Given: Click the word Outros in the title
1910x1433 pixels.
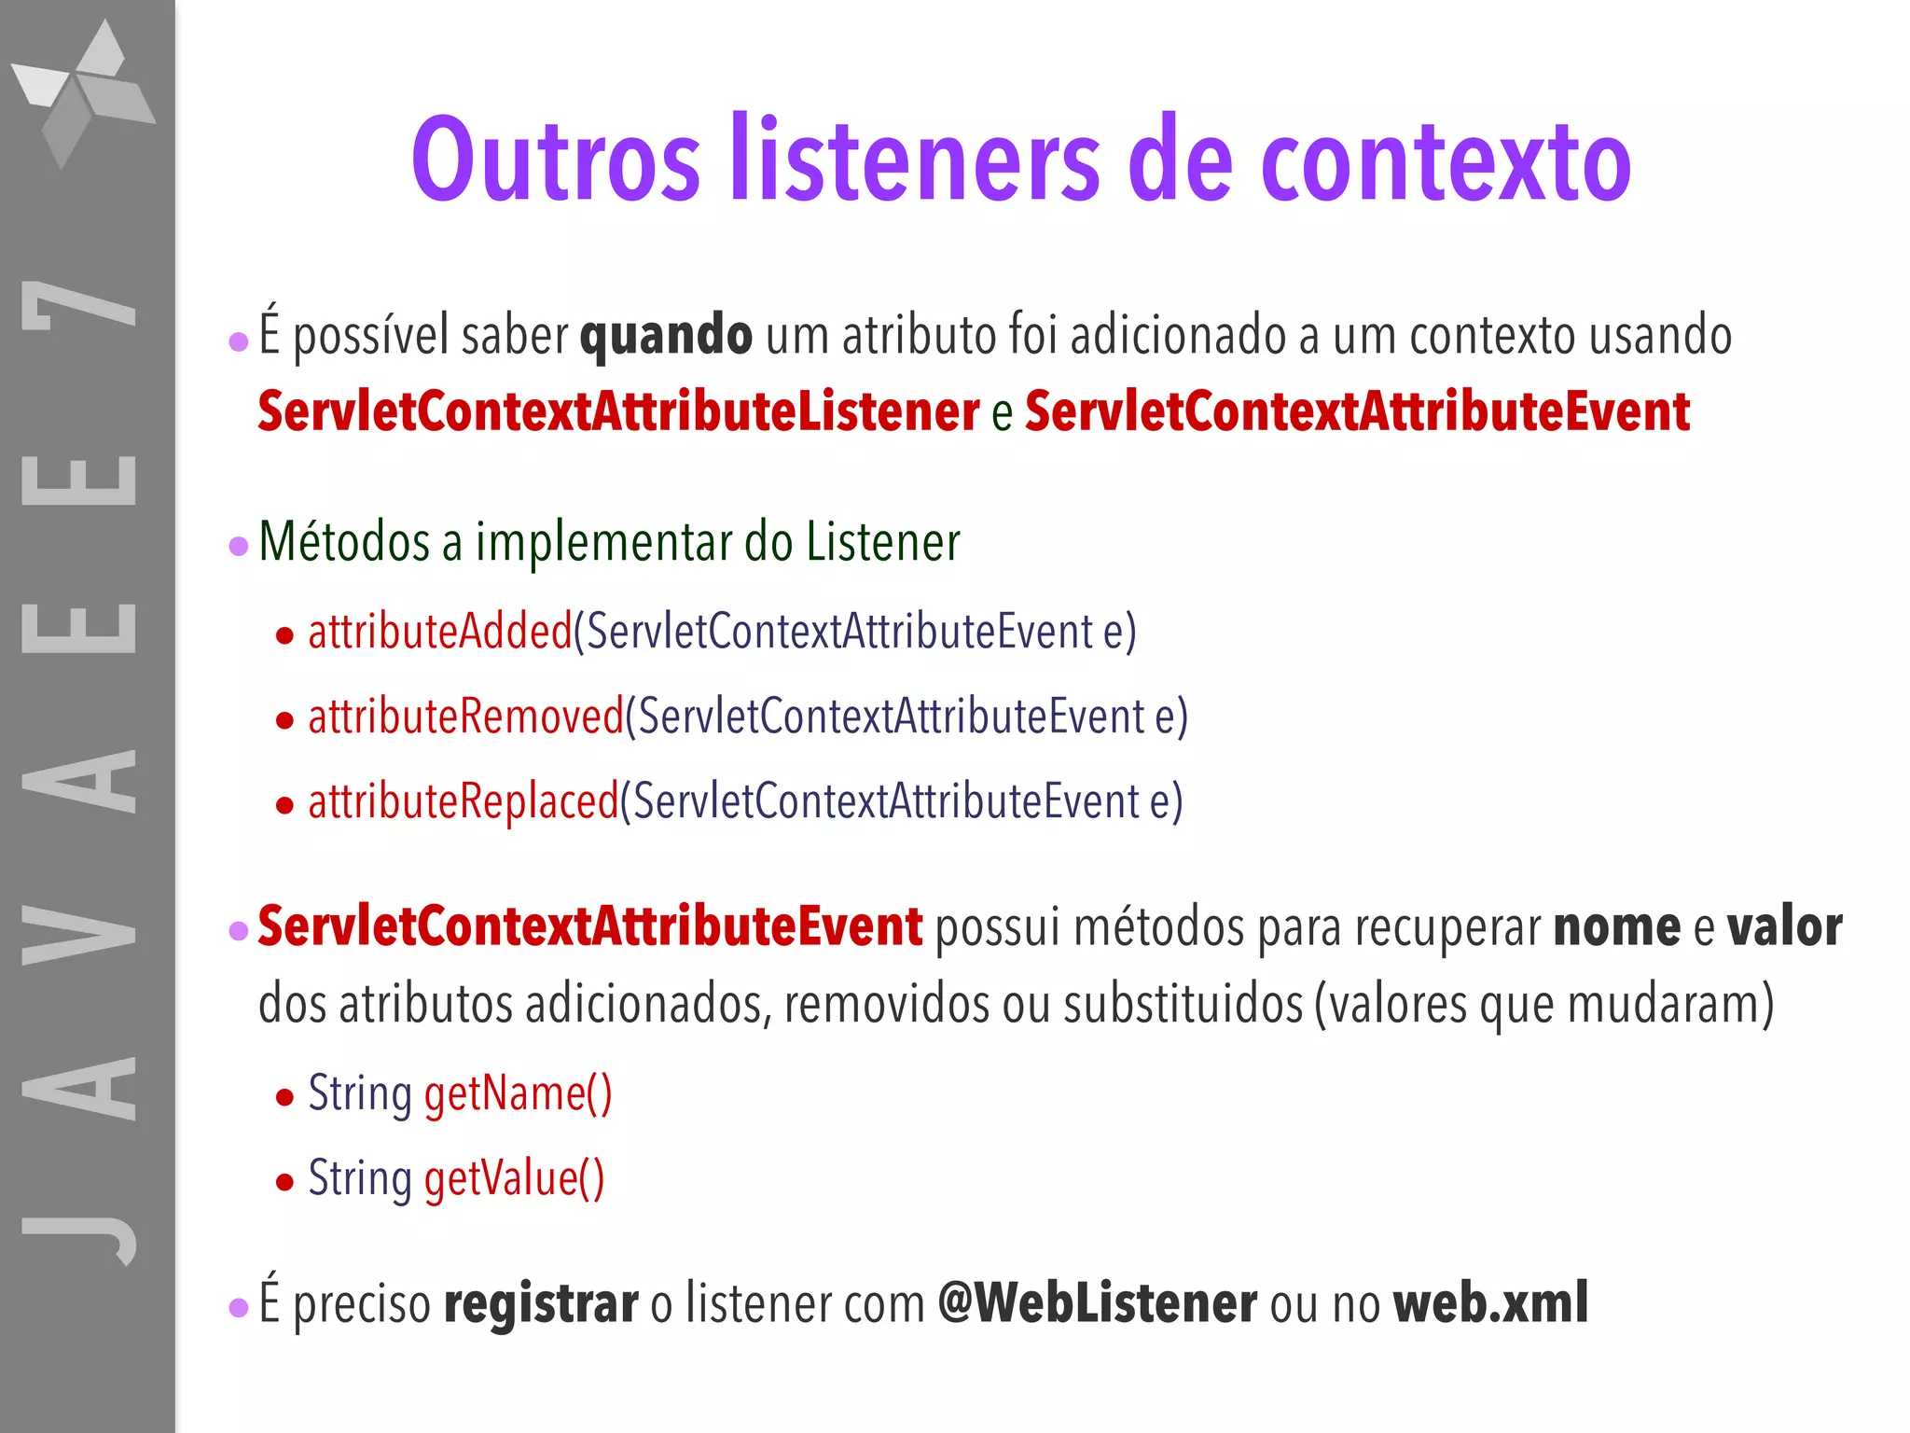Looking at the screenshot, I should (556, 160).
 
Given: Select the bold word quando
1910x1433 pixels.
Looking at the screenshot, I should (666, 336).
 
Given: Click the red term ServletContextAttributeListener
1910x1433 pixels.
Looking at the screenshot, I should (618, 411).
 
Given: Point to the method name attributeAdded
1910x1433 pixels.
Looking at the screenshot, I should (439, 632).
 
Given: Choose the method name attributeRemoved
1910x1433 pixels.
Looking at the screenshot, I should (465, 716).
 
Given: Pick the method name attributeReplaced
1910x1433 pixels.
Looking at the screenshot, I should (463, 801).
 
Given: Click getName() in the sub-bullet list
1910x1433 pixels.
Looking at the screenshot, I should (518, 1093).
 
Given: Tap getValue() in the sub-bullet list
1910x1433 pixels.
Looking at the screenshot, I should (514, 1178).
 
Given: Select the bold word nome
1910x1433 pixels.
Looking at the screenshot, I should (1617, 927).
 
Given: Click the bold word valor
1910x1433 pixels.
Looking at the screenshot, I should (1784, 927).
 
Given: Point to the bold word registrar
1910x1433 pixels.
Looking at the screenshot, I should (541, 1303).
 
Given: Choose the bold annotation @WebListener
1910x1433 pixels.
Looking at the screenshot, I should (1097, 1303).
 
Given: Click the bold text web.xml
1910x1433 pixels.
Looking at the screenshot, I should (1490, 1303).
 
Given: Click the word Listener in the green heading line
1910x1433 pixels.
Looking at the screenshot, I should (882, 542).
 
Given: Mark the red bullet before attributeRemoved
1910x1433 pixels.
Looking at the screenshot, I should (285, 720).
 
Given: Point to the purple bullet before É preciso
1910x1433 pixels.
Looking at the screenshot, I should (239, 1308).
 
